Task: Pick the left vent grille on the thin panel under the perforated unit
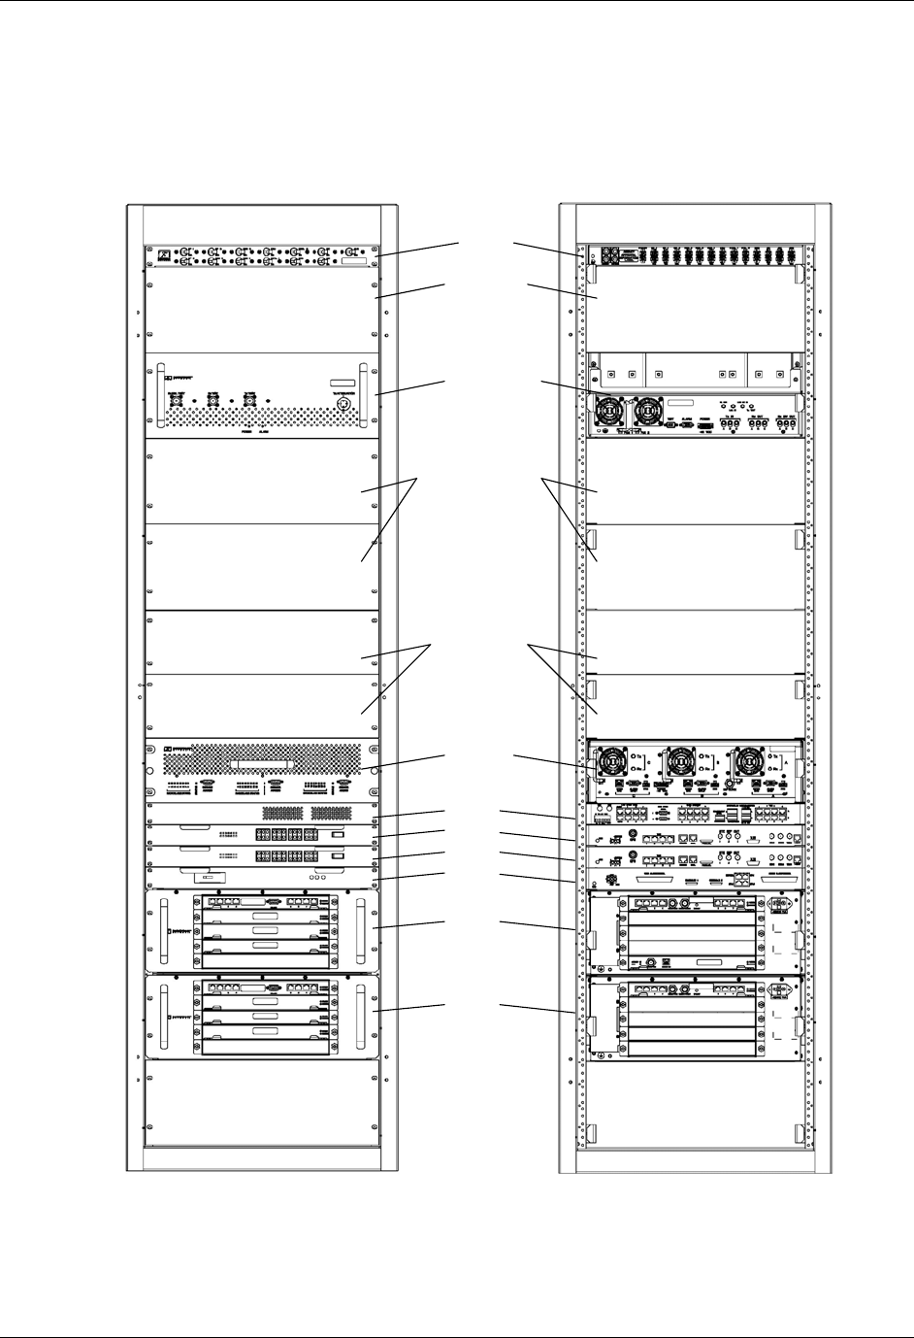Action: (281, 812)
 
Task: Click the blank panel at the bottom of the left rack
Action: (261, 1104)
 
